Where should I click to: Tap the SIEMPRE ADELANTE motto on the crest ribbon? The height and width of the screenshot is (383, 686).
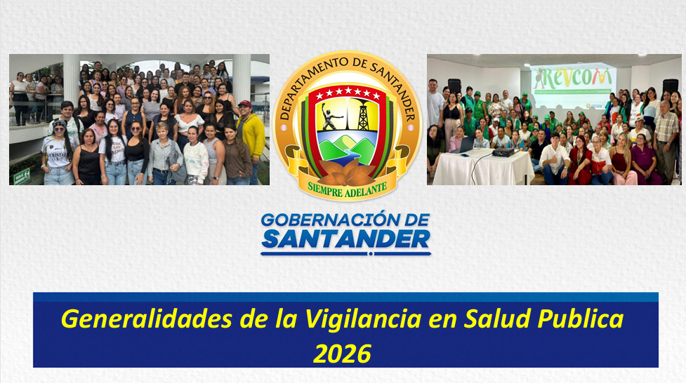tap(347, 187)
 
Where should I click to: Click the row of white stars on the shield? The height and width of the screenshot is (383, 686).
tap(347, 93)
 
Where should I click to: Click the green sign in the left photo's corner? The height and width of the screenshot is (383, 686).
tap(22, 175)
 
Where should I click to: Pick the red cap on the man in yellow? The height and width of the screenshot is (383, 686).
tap(244, 104)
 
